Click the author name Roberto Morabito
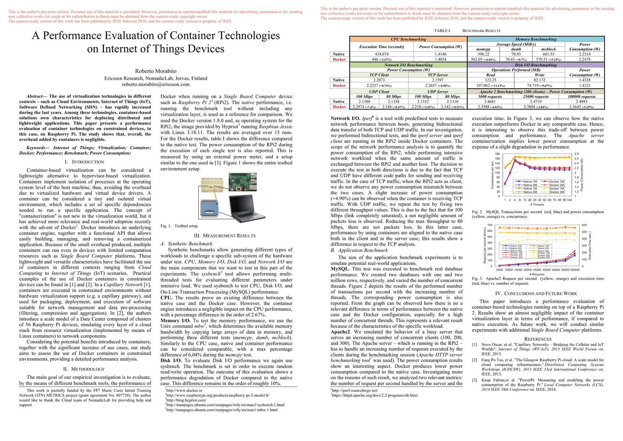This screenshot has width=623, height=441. pyautogui.click(x=156, y=71)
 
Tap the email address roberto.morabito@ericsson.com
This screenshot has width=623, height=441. pyautogui.click(x=156, y=84)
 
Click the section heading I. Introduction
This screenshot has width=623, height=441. pyautogui.click(x=85, y=162)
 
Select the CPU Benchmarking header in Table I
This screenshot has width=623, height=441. pyautogui.click(x=408, y=39)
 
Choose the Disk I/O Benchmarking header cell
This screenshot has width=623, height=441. pyautogui.click(x=536, y=65)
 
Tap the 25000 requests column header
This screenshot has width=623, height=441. pyautogui.click(x=536, y=97)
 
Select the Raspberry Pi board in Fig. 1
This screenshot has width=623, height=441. pyautogui.click(x=243, y=183)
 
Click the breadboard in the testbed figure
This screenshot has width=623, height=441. pyautogui.click(x=212, y=187)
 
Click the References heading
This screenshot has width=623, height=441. pyautogui.click(x=537, y=339)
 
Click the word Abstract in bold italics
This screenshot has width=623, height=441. pyautogui.click(x=35, y=96)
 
